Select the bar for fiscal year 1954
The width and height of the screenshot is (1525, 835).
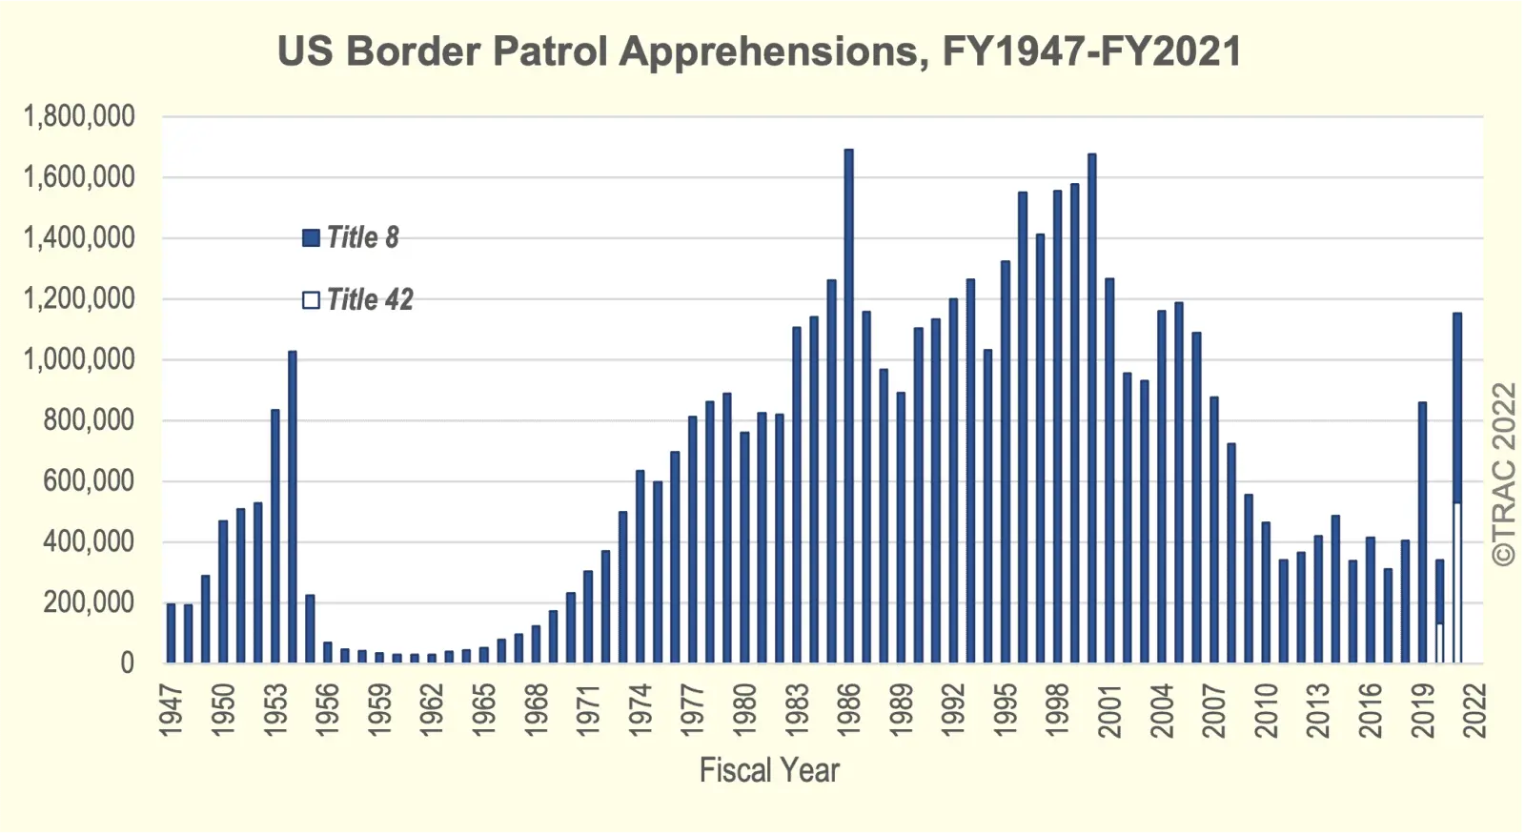pyautogui.click(x=293, y=506)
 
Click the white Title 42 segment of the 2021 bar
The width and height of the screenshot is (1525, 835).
pyautogui.click(x=1456, y=582)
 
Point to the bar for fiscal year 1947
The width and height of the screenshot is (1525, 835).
pyautogui.click(x=171, y=633)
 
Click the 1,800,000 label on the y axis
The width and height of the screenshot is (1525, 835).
pyautogui.click(x=79, y=116)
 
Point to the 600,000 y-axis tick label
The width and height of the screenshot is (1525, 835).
pyautogui.click(x=89, y=480)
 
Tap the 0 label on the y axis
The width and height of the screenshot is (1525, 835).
pyautogui.click(x=127, y=663)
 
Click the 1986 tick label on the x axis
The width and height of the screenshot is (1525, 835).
pyautogui.click(x=848, y=710)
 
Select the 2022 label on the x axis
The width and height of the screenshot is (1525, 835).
pyautogui.click(x=1474, y=710)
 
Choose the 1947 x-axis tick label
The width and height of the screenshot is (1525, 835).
pyautogui.click(x=171, y=710)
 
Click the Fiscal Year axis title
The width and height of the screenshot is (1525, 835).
pyautogui.click(x=769, y=770)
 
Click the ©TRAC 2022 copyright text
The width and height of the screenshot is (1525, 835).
pyautogui.click(x=1503, y=475)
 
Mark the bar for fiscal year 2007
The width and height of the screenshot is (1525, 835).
pyautogui.click(x=1213, y=530)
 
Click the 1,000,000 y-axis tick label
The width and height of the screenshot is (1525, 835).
pyautogui.click(x=79, y=359)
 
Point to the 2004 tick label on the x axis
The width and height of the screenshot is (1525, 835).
pyautogui.click(x=1161, y=710)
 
